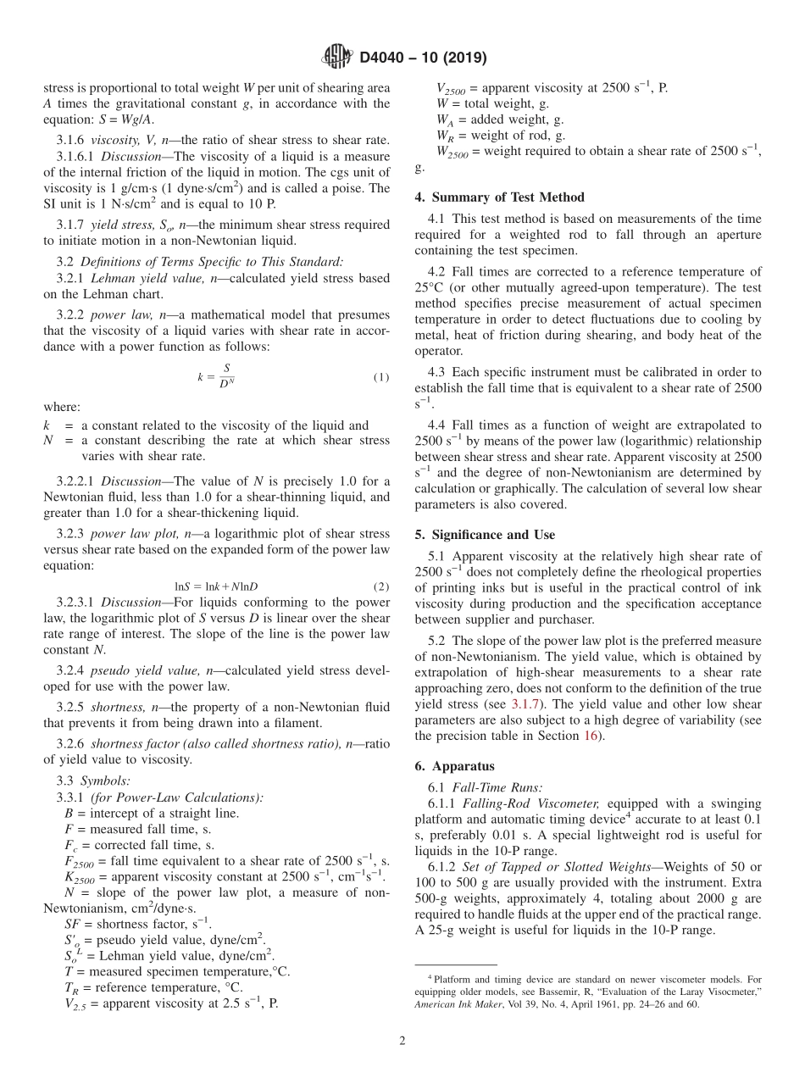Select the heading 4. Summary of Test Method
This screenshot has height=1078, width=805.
tap(499, 197)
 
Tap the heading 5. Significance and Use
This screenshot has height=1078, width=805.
tap(485, 535)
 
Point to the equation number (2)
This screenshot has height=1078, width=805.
tap(381, 586)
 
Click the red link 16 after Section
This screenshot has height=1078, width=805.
tap(591, 736)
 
